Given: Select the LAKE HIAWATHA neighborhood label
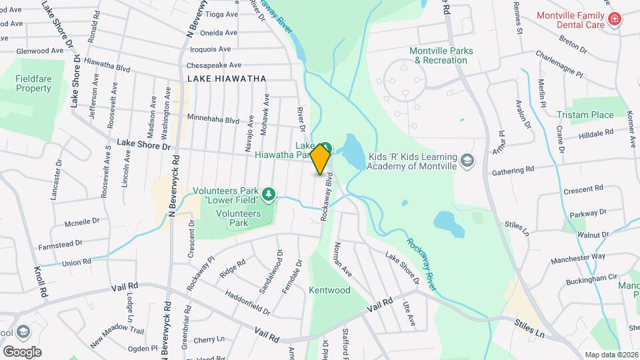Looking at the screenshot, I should (227, 79).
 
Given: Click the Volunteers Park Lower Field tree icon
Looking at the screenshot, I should (268, 195).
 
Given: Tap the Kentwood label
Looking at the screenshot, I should (329, 291).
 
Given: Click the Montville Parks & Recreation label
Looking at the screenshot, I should (441, 55).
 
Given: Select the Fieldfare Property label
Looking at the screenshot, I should (33, 83).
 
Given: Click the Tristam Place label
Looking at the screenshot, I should (585, 115).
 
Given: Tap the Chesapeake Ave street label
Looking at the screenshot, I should (213, 65).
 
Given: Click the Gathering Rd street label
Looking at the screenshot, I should (513, 170).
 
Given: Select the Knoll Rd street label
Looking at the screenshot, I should (41, 282).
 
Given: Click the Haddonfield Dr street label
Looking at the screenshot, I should (247, 302).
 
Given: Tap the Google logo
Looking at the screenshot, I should (22, 351).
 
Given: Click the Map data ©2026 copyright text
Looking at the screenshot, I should (611, 355).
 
